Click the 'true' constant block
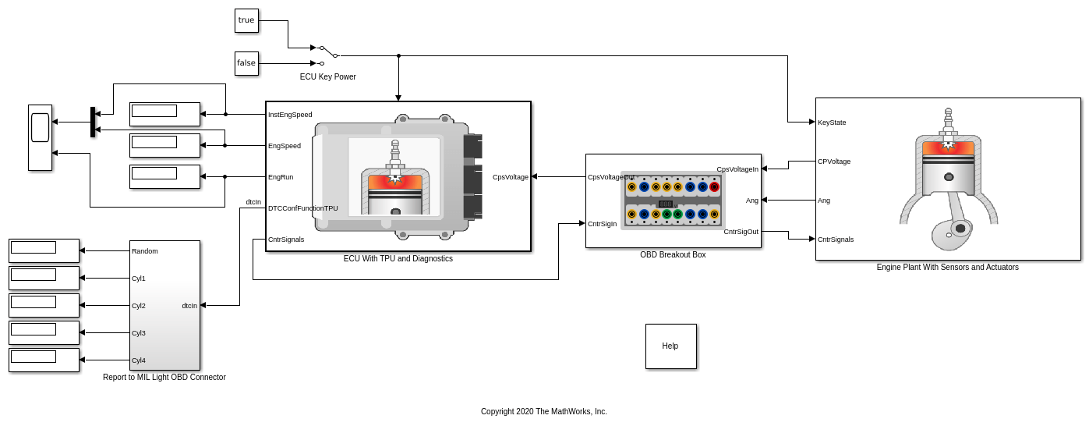246,20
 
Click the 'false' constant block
246,63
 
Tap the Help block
670,346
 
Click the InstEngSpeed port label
290,115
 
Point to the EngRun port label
281,177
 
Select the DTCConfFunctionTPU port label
303,208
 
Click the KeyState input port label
832,122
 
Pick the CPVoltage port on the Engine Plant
834,162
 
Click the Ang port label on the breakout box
751,201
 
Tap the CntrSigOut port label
741,232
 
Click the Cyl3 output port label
139,333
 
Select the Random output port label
145,251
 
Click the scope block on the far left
41,137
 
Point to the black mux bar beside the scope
93,122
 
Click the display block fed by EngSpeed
164,145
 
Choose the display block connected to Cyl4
44,360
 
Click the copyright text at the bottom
543,411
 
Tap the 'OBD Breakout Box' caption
673,254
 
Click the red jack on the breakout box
714,186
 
